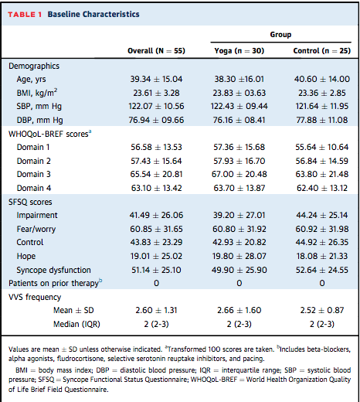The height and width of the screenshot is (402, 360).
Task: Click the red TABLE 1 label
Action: [25, 15]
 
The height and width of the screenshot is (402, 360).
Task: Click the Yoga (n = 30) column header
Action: [239, 51]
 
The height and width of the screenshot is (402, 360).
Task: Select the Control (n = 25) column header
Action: [322, 51]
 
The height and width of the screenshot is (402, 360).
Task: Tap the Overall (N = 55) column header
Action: [156, 51]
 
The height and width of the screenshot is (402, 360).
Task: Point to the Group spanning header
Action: [280, 35]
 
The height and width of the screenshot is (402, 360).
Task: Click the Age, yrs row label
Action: [31, 79]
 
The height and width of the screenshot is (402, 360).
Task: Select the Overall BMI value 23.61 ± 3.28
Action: [156, 93]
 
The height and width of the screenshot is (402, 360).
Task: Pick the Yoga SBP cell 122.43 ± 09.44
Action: [239, 106]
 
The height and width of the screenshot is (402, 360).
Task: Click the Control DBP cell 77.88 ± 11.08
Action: [322, 120]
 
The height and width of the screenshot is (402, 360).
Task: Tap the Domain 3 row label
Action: [34, 174]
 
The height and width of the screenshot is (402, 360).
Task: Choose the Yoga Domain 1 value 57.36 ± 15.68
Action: [239, 147]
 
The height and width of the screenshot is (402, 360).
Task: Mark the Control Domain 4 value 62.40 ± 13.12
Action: [322, 188]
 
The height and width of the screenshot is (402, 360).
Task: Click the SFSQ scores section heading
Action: [30, 202]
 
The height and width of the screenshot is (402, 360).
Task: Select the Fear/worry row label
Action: [36, 229]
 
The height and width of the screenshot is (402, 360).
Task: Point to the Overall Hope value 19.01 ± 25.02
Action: [156, 256]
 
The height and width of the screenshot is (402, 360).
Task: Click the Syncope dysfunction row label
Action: [54, 270]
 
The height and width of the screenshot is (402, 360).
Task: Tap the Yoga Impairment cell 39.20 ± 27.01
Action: [239, 215]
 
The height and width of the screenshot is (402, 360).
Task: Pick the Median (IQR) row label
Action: [76, 324]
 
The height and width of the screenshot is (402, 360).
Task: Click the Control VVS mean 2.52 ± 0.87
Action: [322, 310]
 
